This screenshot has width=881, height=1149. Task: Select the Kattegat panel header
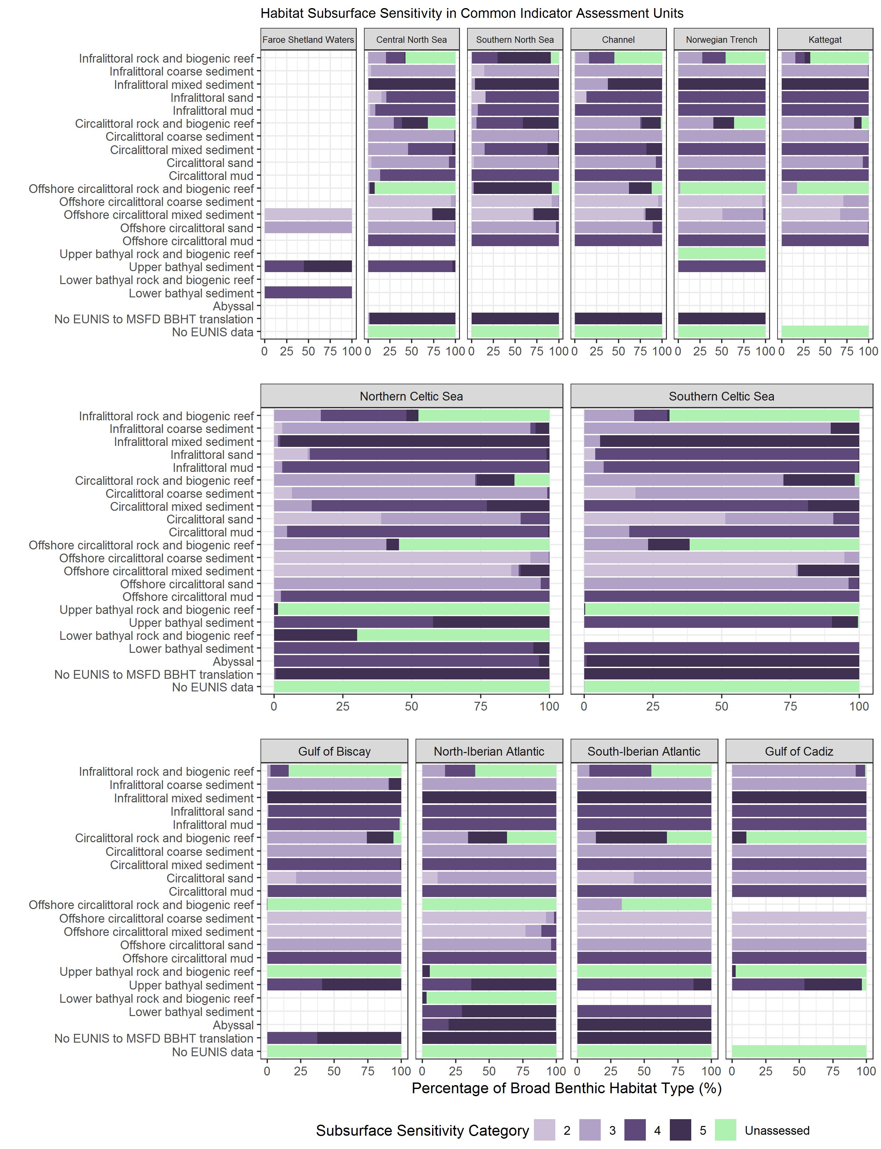[x=825, y=40]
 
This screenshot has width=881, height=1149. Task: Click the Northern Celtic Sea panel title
[x=411, y=396]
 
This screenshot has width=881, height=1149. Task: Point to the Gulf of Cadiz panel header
[x=799, y=751]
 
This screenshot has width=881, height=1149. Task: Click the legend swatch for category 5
[x=680, y=1130]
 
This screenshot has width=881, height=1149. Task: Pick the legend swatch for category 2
[x=544, y=1130]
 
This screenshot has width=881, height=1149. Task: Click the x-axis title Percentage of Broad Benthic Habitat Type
[x=566, y=1089]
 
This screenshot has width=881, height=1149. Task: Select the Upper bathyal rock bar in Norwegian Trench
[x=722, y=254]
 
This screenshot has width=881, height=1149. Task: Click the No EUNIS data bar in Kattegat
[x=825, y=332]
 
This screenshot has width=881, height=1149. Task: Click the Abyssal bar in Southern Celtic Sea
[x=722, y=661]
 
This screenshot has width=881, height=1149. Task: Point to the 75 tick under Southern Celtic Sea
[x=790, y=706]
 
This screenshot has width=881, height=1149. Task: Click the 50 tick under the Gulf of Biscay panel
[x=334, y=1071]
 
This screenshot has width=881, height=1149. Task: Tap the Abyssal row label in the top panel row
[x=233, y=306]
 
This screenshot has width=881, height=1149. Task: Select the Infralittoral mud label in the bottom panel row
[x=213, y=824]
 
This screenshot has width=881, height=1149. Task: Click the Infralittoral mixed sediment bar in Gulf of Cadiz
[x=799, y=798]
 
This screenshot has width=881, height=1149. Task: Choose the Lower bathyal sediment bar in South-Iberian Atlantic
[x=644, y=1011]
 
